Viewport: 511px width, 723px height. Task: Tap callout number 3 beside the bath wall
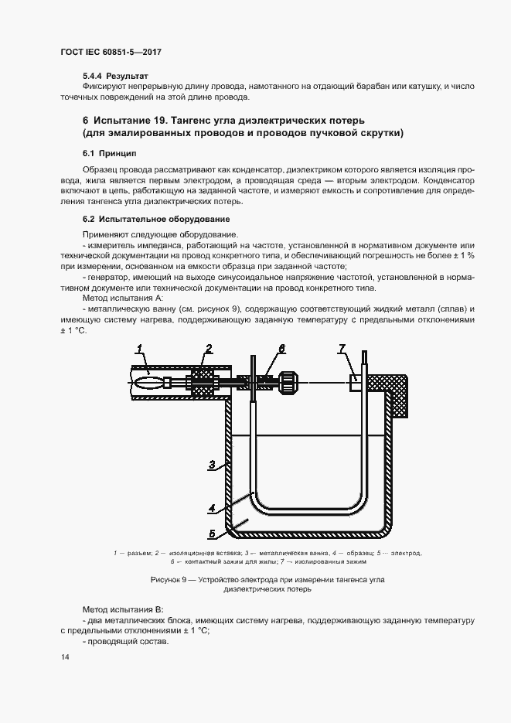pyautogui.click(x=211, y=465)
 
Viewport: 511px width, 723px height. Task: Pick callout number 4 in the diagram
pyautogui.click(x=211, y=509)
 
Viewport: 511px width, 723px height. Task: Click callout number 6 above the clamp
pyautogui.click(x=282, y=348)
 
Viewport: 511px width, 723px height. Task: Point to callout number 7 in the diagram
pyautogui.click(x=341, y=349)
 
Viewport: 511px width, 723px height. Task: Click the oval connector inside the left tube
pyautogui.click(x=148, y=381)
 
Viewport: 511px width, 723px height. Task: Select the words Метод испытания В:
pyautogui.click(x=117, y=609)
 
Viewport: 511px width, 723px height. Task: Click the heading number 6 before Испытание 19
pyautogui.click(x=85, y=121)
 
